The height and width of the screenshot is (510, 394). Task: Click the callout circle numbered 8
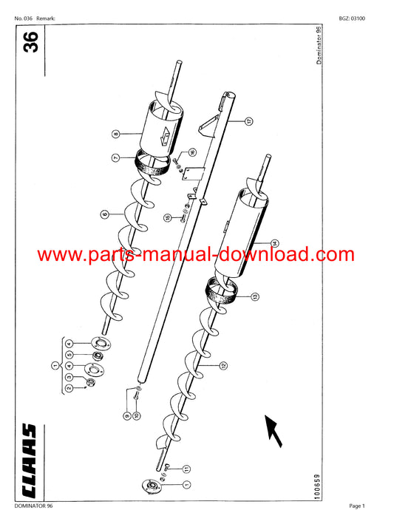click(x=116, y=134)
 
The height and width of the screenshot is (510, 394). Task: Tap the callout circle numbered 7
click(x=116, y=158)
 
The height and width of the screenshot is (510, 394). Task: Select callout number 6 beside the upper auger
click(x=105, y=214)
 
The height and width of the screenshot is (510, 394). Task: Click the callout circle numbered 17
click(x=249, y=121)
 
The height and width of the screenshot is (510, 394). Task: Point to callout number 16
click(x=192, y=152)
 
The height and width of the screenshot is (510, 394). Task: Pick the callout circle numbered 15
click(x=168, y=217)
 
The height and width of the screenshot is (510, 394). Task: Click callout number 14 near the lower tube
click(x=275, y=243)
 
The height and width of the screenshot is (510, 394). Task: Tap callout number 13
click(x=256, y=296)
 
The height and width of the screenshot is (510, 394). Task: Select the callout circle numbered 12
click(x=223, y=366)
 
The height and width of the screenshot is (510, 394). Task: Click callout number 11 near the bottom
click(x=186, y=469)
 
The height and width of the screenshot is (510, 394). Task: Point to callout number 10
click(x=137, y=415)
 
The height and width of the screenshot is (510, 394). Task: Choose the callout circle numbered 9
click(x=127, y=415)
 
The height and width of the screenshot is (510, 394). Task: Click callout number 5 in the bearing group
click(x=69, y=355)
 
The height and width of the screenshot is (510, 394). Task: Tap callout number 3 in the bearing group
click(x=69, y=377)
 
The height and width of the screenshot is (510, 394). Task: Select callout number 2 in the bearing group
click(x=69, y=388)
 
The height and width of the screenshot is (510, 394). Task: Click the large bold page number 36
click(x=30, y=42)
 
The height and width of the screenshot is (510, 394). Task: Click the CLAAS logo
click(x=29, y=461)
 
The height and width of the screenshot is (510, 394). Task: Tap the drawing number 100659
click(x=317, y=486)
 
